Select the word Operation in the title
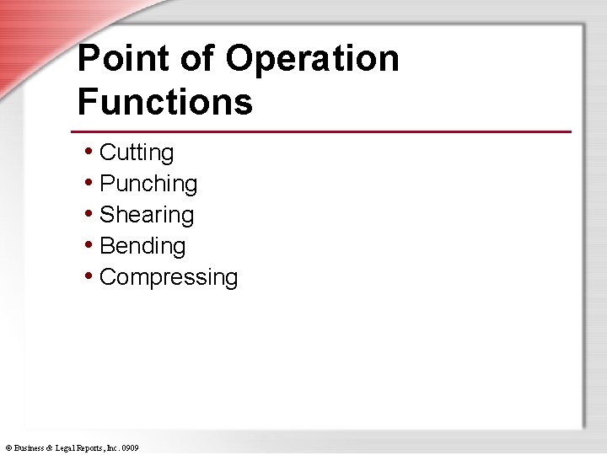313,59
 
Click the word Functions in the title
164,102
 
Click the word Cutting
137,153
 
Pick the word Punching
148,184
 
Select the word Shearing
147,215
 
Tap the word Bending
142,246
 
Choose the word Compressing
169,277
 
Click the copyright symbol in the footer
8,448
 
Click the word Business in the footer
30,448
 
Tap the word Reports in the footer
91,448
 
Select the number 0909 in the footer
130,448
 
